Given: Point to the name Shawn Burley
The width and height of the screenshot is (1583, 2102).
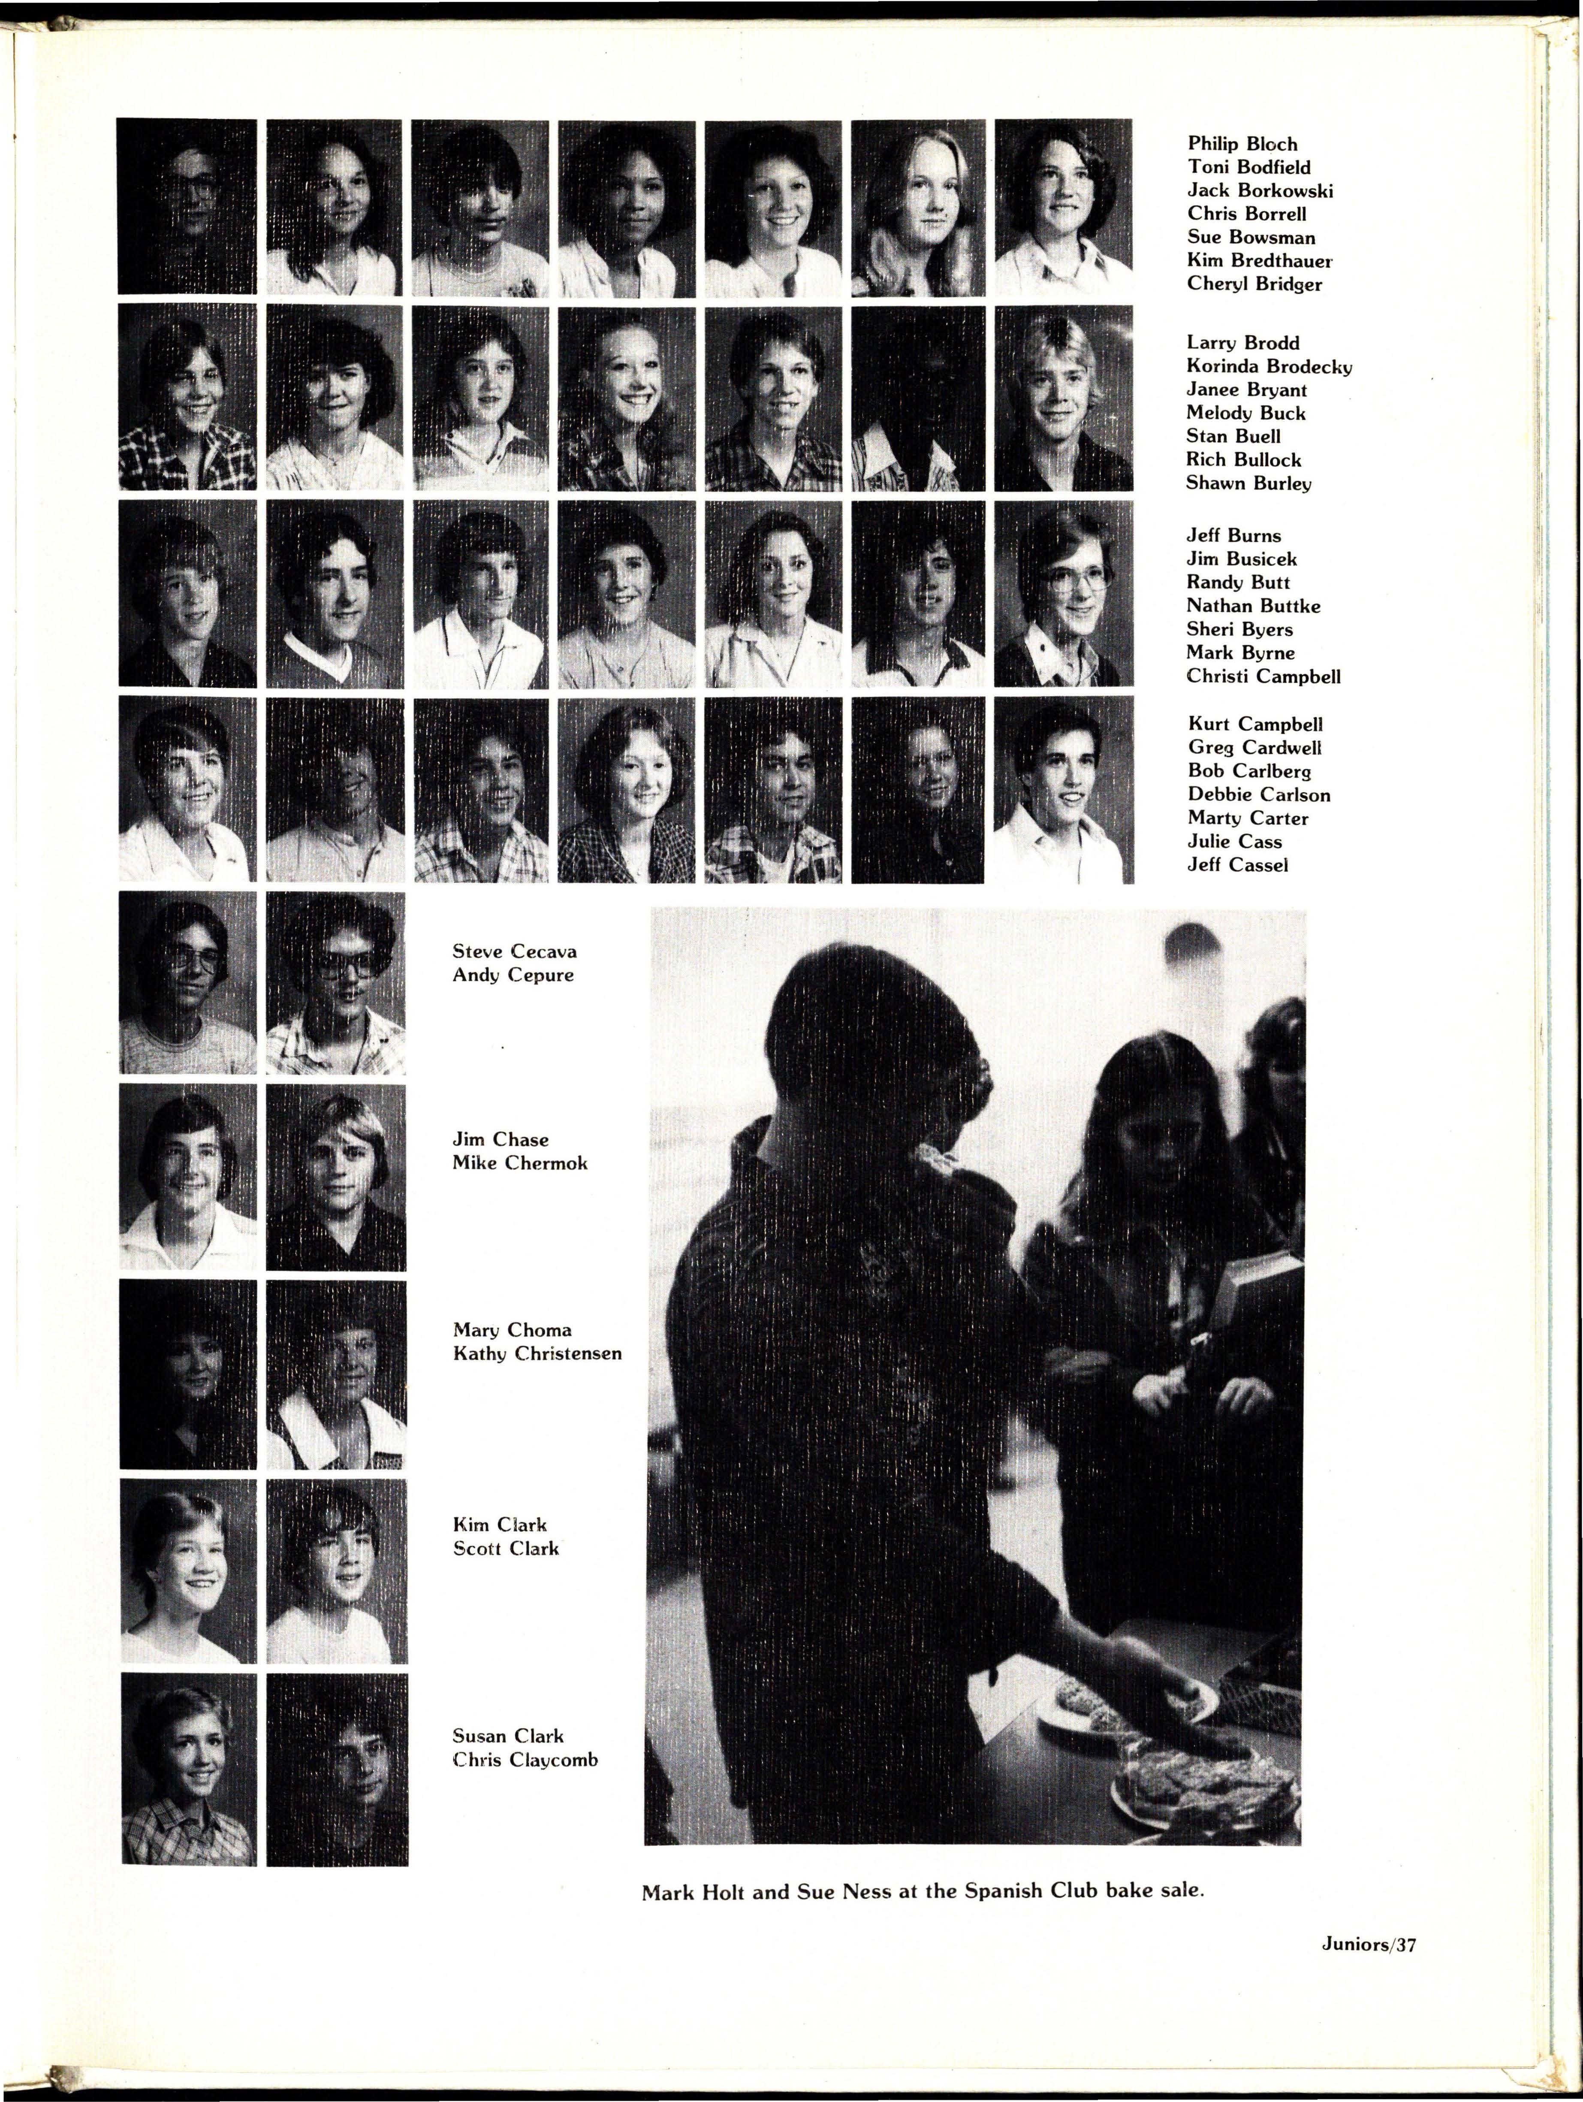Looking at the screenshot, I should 1248,483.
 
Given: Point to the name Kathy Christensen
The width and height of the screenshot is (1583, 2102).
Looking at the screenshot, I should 537,1353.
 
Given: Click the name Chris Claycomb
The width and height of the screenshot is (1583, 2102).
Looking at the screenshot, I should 525,1760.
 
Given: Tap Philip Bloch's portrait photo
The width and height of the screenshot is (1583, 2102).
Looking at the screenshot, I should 186,206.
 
